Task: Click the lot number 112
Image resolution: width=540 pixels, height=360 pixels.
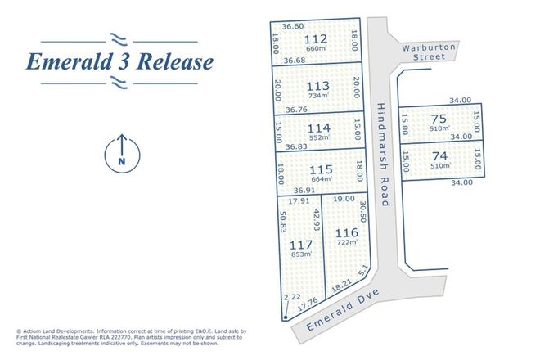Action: coord(315,39)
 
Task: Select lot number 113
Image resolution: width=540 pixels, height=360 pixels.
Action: coord(316,85)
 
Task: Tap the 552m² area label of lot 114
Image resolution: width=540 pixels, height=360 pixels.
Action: coord(316,140)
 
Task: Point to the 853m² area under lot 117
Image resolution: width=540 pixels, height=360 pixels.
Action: coord(301,254)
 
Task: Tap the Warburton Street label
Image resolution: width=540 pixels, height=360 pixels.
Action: coord(427,52)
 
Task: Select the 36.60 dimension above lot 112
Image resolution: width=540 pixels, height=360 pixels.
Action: coord(293,26)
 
